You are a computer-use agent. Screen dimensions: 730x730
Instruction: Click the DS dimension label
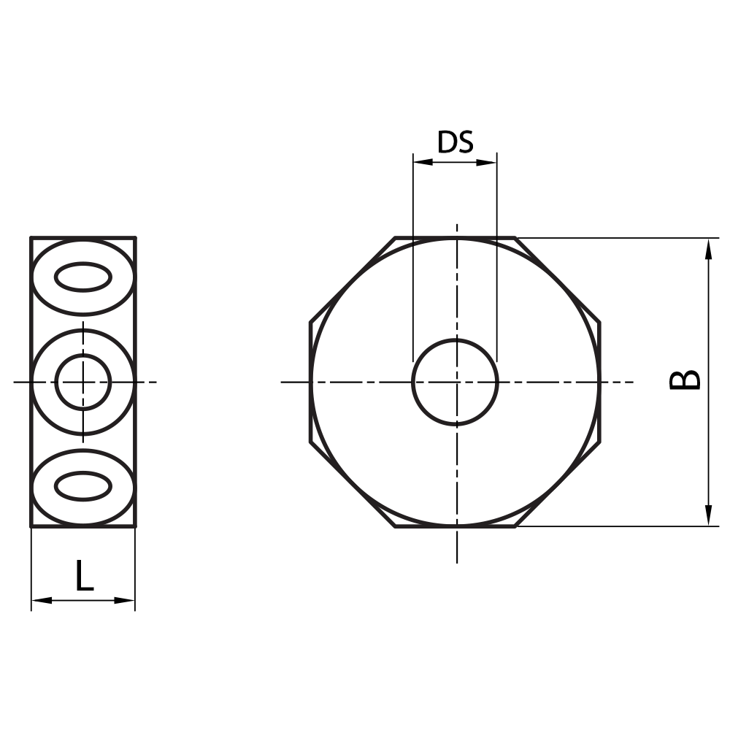[455, 142]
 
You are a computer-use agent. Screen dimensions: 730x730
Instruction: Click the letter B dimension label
[685, 380]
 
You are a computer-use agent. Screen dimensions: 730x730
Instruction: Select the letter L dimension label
[85, 576]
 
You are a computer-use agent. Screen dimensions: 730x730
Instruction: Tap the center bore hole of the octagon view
[455, 382]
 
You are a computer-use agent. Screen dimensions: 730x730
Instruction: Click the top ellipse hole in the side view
[83, 277]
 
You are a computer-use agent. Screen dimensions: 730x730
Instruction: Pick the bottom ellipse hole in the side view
[83, 486]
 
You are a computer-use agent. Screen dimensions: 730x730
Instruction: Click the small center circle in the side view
[83, 382]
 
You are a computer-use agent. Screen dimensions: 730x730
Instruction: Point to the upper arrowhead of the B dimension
[708, 248]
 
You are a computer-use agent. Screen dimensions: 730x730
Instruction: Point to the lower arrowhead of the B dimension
[708, 515]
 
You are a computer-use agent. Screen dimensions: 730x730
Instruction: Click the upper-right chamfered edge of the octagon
[558, 279]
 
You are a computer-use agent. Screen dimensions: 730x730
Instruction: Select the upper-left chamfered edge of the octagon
[353, 279]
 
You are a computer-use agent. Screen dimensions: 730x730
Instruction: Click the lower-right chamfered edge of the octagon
[558, 484]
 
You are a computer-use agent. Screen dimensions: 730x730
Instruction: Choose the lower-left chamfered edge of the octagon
[353, 484]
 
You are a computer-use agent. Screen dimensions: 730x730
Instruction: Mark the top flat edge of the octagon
[455, 237]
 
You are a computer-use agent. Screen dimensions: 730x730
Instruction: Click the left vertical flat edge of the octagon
[310, 382]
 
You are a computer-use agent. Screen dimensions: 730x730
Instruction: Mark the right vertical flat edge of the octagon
[600, 382]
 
